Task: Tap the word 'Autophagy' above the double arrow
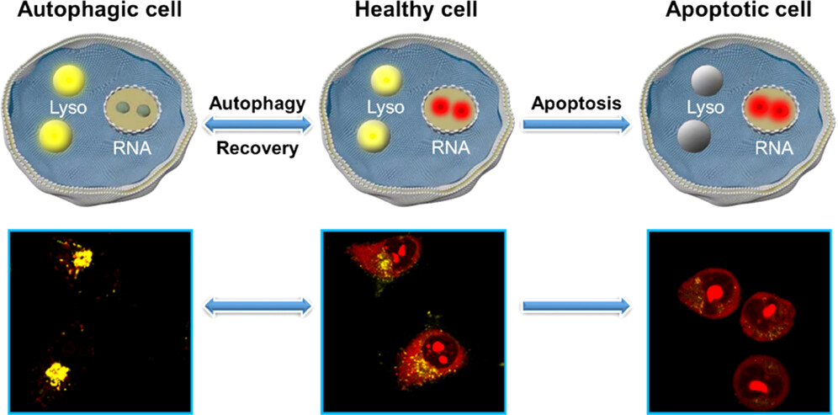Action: click(x=258, y=103)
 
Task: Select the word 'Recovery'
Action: click(x=258, y=148)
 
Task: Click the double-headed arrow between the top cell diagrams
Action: click(x=258, y=125)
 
